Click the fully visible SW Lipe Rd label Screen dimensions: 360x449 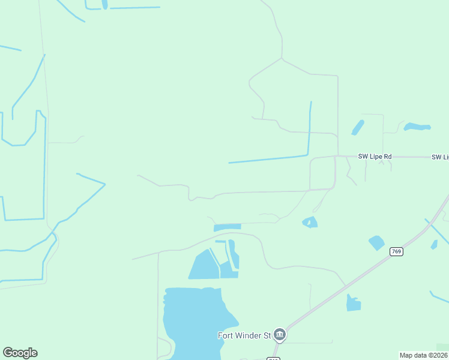pos(375,157)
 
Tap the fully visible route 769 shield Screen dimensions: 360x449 pos(396,251)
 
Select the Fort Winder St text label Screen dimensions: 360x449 pos(244,335)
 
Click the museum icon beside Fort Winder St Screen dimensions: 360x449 pos(279,334)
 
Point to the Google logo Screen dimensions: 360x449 pos(20,353)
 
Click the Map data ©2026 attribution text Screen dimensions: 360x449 pos(424,355)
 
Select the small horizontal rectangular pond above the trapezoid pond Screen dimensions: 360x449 pos(228,227)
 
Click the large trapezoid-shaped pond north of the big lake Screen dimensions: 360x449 pos(204,266)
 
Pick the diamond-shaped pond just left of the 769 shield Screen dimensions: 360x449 pos(376,242)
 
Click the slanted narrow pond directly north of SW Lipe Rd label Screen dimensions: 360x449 pos(358,127)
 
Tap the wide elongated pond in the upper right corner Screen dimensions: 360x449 pos(417,127)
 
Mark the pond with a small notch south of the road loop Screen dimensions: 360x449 pos(310,223)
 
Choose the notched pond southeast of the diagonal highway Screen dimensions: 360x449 pos(354,304)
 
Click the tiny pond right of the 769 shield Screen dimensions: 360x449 pos(434,244)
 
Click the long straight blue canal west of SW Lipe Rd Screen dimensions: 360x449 pos(268,160)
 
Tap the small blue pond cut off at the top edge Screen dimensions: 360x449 pos(105,4)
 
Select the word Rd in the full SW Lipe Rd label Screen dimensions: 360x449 pos(387,157)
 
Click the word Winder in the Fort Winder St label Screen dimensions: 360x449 pos(249,335)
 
